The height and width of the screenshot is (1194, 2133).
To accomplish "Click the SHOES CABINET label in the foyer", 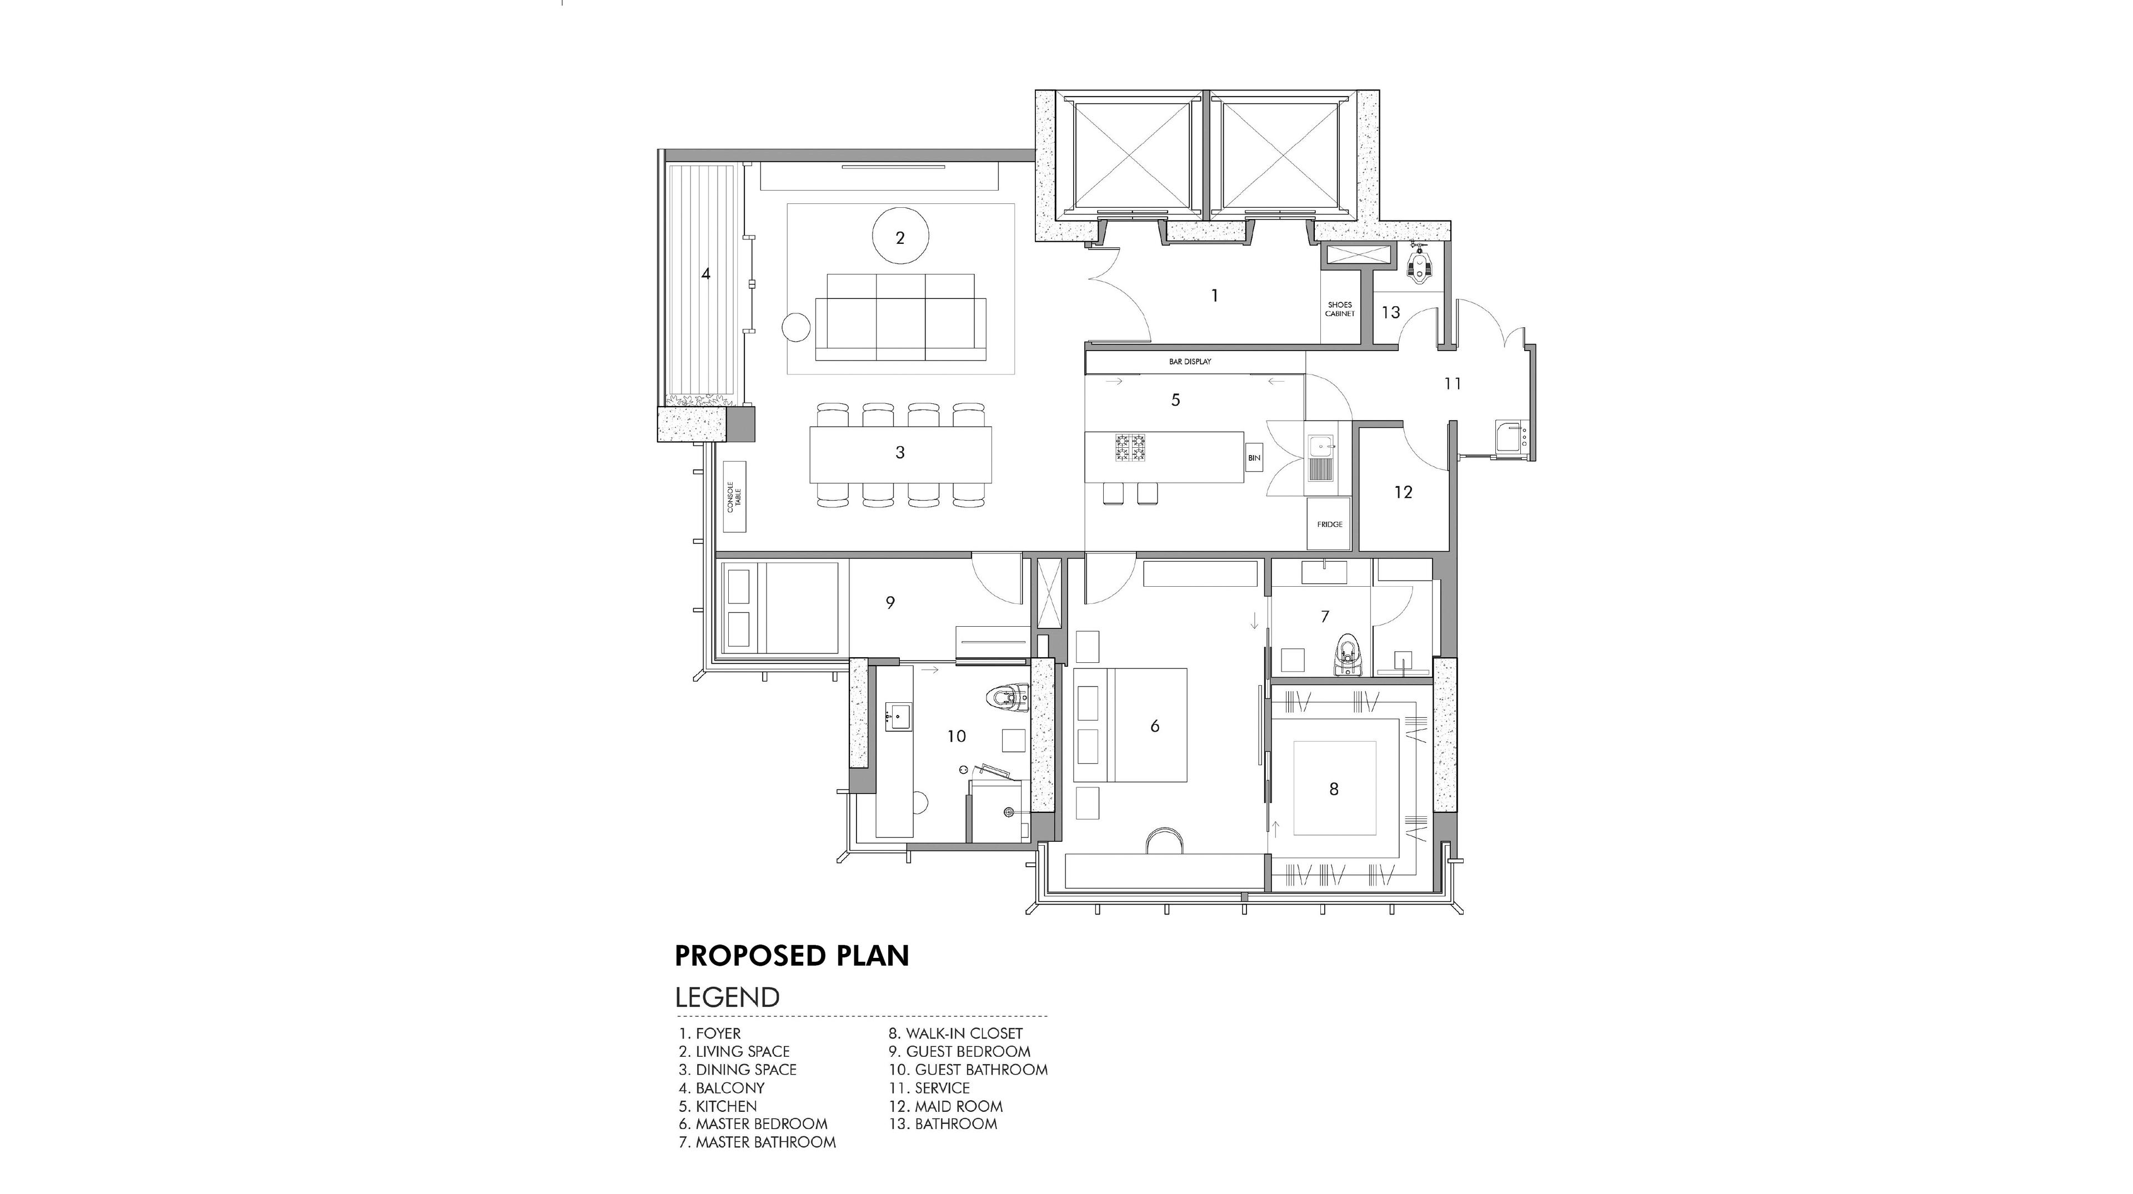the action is pos(1340,309).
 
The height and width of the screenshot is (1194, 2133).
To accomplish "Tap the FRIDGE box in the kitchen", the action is pos(1329,523).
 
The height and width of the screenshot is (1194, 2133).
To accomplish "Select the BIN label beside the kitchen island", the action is pos(1254,458).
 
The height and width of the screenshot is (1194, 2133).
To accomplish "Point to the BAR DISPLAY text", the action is pos(1190,362).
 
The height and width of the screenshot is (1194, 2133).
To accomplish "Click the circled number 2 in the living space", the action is pos(900,238).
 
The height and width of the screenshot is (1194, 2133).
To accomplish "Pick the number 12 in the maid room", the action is pos(1403,492).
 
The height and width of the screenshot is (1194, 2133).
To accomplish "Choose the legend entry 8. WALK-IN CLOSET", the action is pos(955,1033).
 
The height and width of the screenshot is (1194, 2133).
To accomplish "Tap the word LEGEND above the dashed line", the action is pos(728,997).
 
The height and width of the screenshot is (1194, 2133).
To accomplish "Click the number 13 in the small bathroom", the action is pos(1391,312).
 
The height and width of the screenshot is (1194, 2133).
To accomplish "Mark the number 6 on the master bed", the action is pos(1155,726).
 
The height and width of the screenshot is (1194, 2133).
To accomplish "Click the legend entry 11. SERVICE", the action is pos(929,1088).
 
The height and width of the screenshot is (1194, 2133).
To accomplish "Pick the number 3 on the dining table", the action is pos(900,452).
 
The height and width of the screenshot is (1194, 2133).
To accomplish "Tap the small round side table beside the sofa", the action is pos(217,327).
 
